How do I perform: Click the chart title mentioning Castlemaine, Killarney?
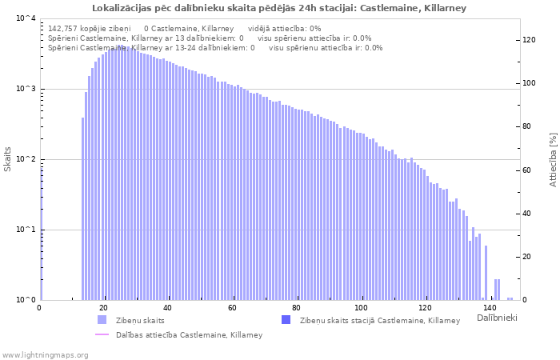[279, 8]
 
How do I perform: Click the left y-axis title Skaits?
[8, 159]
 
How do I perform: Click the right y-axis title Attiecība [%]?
[552, 160]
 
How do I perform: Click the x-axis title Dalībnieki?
[497, 318]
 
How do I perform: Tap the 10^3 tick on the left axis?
[25, 89]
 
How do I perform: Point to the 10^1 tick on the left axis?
[25, 230]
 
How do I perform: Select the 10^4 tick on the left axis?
[25, 18]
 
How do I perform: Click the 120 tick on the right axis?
[529, 40]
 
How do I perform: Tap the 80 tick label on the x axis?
[297, 308]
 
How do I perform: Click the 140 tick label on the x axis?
[490, 308]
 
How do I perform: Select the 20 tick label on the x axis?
[104, 308]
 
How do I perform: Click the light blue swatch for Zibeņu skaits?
[102, 320]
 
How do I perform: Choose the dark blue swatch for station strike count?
[286, 320]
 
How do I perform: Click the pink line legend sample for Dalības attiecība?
[102, 334]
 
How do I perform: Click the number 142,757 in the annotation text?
[64, 28]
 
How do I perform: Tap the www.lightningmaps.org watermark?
[44, 354]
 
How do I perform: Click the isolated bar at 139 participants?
[486, 272]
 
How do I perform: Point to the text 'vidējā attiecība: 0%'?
[285, 28]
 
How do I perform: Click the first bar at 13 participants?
[82, 208]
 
